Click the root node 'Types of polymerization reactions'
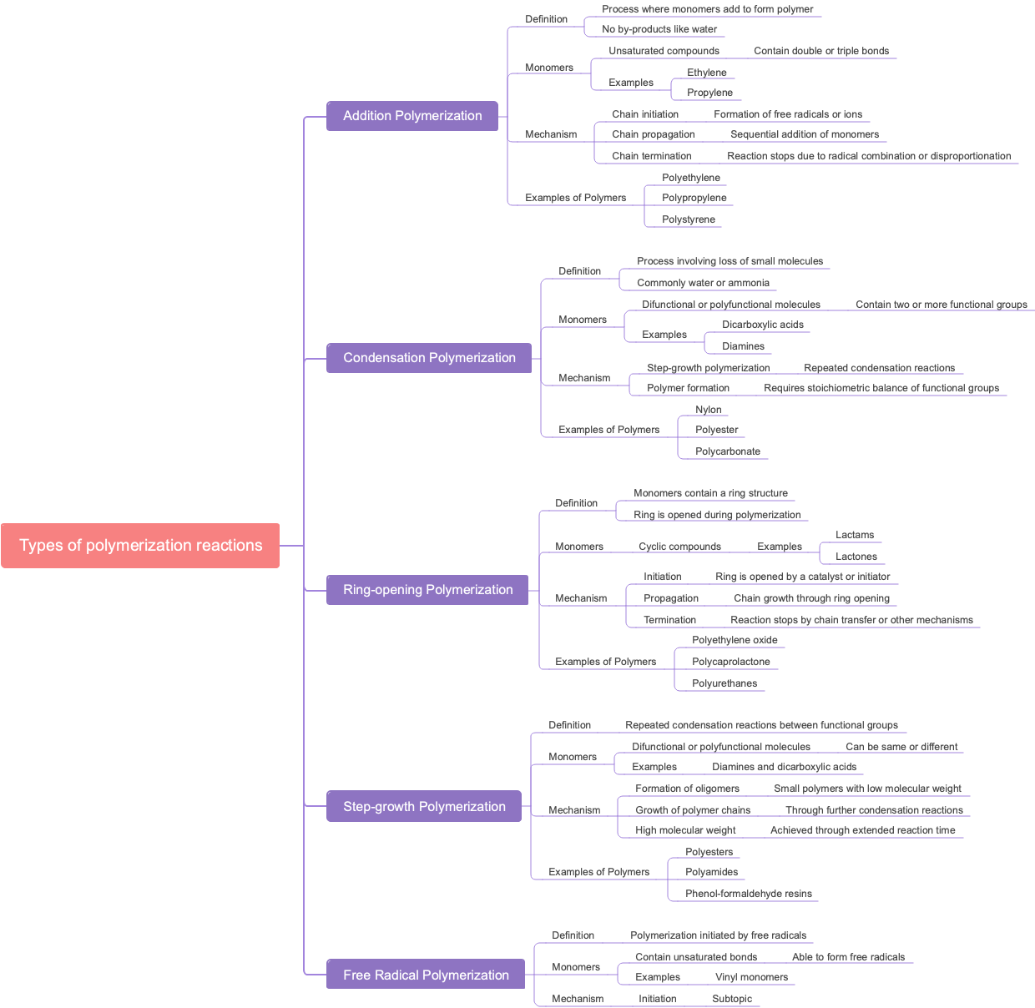(140, 546)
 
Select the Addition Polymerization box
(412, 116)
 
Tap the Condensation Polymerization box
(429, 358)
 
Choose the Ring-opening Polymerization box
(427, 590)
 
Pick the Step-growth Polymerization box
(424, 807)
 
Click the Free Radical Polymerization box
(426, 975)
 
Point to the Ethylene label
(706, 73)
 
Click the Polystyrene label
(688, 219)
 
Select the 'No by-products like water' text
(659, 29)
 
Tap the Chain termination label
(651, 156)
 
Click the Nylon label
(708, 410)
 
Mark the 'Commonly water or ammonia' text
(703, 283)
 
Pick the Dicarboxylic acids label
(762, 325)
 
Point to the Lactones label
(856, 557)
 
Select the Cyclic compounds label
(679, 547)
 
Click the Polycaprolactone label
(730, 662)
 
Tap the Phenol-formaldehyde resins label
(748, 894)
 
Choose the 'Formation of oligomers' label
(687, 789)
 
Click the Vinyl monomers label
(751, 977)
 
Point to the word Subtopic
(731, 999)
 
